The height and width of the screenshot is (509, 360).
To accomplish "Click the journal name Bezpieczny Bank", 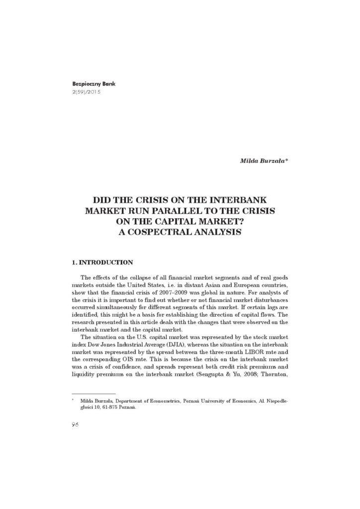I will click(x=87, y=85).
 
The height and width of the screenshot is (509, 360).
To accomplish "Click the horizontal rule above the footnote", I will click(x=93, y=393).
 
